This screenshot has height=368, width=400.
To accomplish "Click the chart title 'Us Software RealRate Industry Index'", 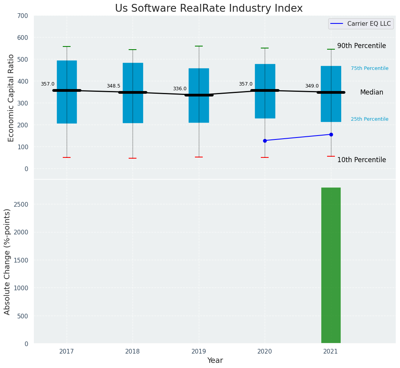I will [x=209, y=9].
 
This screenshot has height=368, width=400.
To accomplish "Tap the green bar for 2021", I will [x=331, y=265].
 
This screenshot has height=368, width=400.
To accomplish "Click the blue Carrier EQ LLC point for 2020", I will [x=265, y=141].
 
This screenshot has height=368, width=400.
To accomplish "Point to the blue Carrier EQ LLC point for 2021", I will [x=331, y=134].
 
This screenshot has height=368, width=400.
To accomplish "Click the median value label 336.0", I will [x=180, y=89].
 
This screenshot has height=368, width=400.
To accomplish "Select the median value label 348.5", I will [x=113, y=86].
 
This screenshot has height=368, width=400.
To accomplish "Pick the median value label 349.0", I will [x=312, y=86].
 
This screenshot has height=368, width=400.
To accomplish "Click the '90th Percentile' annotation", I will [x=361, y=46].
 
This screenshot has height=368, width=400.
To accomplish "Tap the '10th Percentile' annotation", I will [x=361, y=160].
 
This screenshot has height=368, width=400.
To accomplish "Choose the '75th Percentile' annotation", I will [x=370, y=68].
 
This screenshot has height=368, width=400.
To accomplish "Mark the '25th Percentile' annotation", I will [x=370, y=119].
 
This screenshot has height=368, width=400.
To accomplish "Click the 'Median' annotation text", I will [x=372, y=93].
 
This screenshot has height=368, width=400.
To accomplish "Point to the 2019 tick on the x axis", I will [x=198, y=352].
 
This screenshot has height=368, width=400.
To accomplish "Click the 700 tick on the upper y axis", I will [x=23, y=16].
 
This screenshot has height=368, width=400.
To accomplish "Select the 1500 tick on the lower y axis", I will [x=21, y=260].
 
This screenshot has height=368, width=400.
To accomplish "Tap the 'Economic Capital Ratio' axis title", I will [x=11, y=98].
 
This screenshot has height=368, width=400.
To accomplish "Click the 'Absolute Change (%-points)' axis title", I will [x=7, y=262].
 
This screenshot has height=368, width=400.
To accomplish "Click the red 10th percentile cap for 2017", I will [x=67, y=157].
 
